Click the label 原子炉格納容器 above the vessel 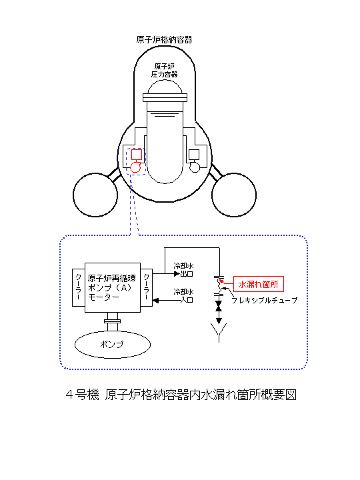tap(164, 40)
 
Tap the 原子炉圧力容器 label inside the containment tap(165, 71)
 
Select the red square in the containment tap(137, 155)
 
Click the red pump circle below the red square tap(135, 167)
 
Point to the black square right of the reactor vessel tap(194, 155)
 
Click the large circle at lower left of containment tap(95, 195)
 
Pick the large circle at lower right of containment tap(234, 195)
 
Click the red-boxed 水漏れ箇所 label tap(259, 285)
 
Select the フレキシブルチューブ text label tap(265, 301)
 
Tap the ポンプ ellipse tap(113, 345)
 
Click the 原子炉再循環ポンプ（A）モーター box tap(113, 287)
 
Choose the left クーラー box tap(79, 287)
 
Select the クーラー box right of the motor tap(146, 287)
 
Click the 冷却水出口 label tap(184, 270)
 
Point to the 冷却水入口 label tap(184, 296)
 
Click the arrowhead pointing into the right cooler tap(155, 300)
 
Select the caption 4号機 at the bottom tap(83, 395)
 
